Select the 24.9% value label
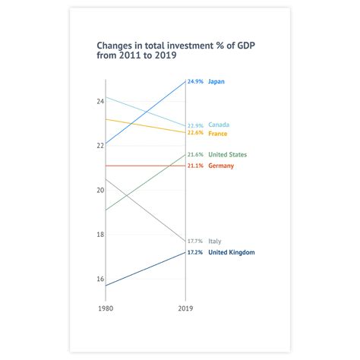pyautogui.click(x=195, y=81)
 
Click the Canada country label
pyautogui.click(x=219, y=125)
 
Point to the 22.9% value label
pyautogui.click(x=195, y=125)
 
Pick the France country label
pyautogui.click(x=218, y=134)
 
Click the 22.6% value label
pyautogui.click(x=195, y=134)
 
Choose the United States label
pyautogui.click(x=227, y=155)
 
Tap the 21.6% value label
pyautogui.click(x=195, y=155)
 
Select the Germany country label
pyautogui.click(x=221, y=166)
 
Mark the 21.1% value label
pyautogui.click(x=195, y=166)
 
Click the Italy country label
pyautogui.click(x=215, y=241)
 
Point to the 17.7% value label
pyautogui.click(x=195, y=241)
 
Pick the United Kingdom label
pyautogui.click(x=231, y=252)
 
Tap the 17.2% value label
pyautogui.click(x=195, y=252)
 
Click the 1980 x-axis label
pyautogui.click(x=106, y=308)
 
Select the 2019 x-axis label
pyautogui.click(x=185, y=308)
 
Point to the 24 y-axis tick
pyautogui.click(x=99, y=101)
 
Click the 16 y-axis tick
pyautogui.click(x=99, y=279)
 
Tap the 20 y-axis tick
pyautogui.click(x=99, y=190)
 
